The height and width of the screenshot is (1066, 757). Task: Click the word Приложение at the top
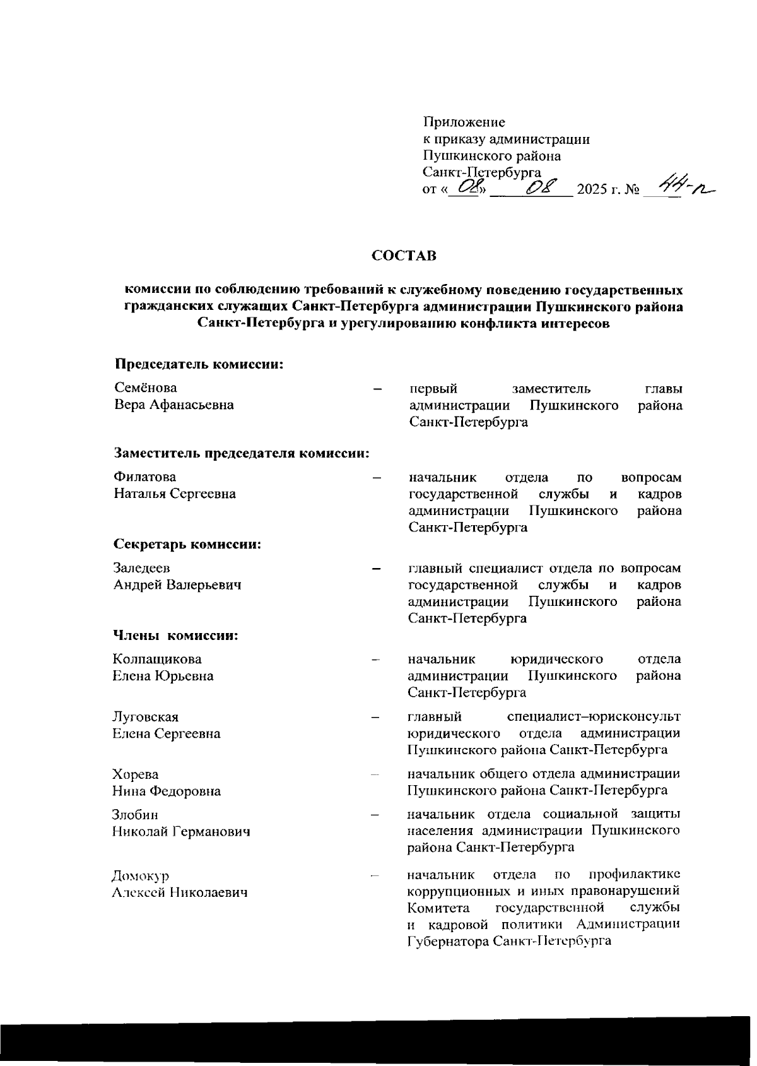[464, 121]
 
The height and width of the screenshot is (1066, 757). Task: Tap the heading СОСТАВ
[404, 256]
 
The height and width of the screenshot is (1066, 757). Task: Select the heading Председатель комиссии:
[197, 364]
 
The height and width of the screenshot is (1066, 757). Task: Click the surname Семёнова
[146, 388]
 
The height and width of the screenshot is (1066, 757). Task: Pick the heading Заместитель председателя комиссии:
[241, 453]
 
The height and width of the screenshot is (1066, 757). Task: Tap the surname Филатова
[145, 477]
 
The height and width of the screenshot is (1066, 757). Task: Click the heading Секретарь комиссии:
[187, 544]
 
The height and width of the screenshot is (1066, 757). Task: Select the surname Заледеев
[142, 568]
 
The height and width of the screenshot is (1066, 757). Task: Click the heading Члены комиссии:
[175, 635]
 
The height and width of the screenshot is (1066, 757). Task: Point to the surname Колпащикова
[157, 659]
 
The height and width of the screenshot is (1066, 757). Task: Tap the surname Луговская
[145, 717]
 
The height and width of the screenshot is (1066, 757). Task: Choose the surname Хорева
[135, 774]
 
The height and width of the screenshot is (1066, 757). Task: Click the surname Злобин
[135, 815]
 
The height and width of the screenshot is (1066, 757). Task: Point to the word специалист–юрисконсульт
[594, 716]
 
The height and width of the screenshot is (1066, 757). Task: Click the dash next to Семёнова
[377, 389]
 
